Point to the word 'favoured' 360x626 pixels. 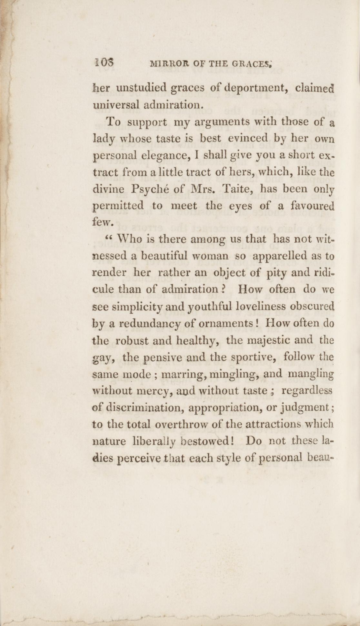pyautogui.click(x=313, y=205)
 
